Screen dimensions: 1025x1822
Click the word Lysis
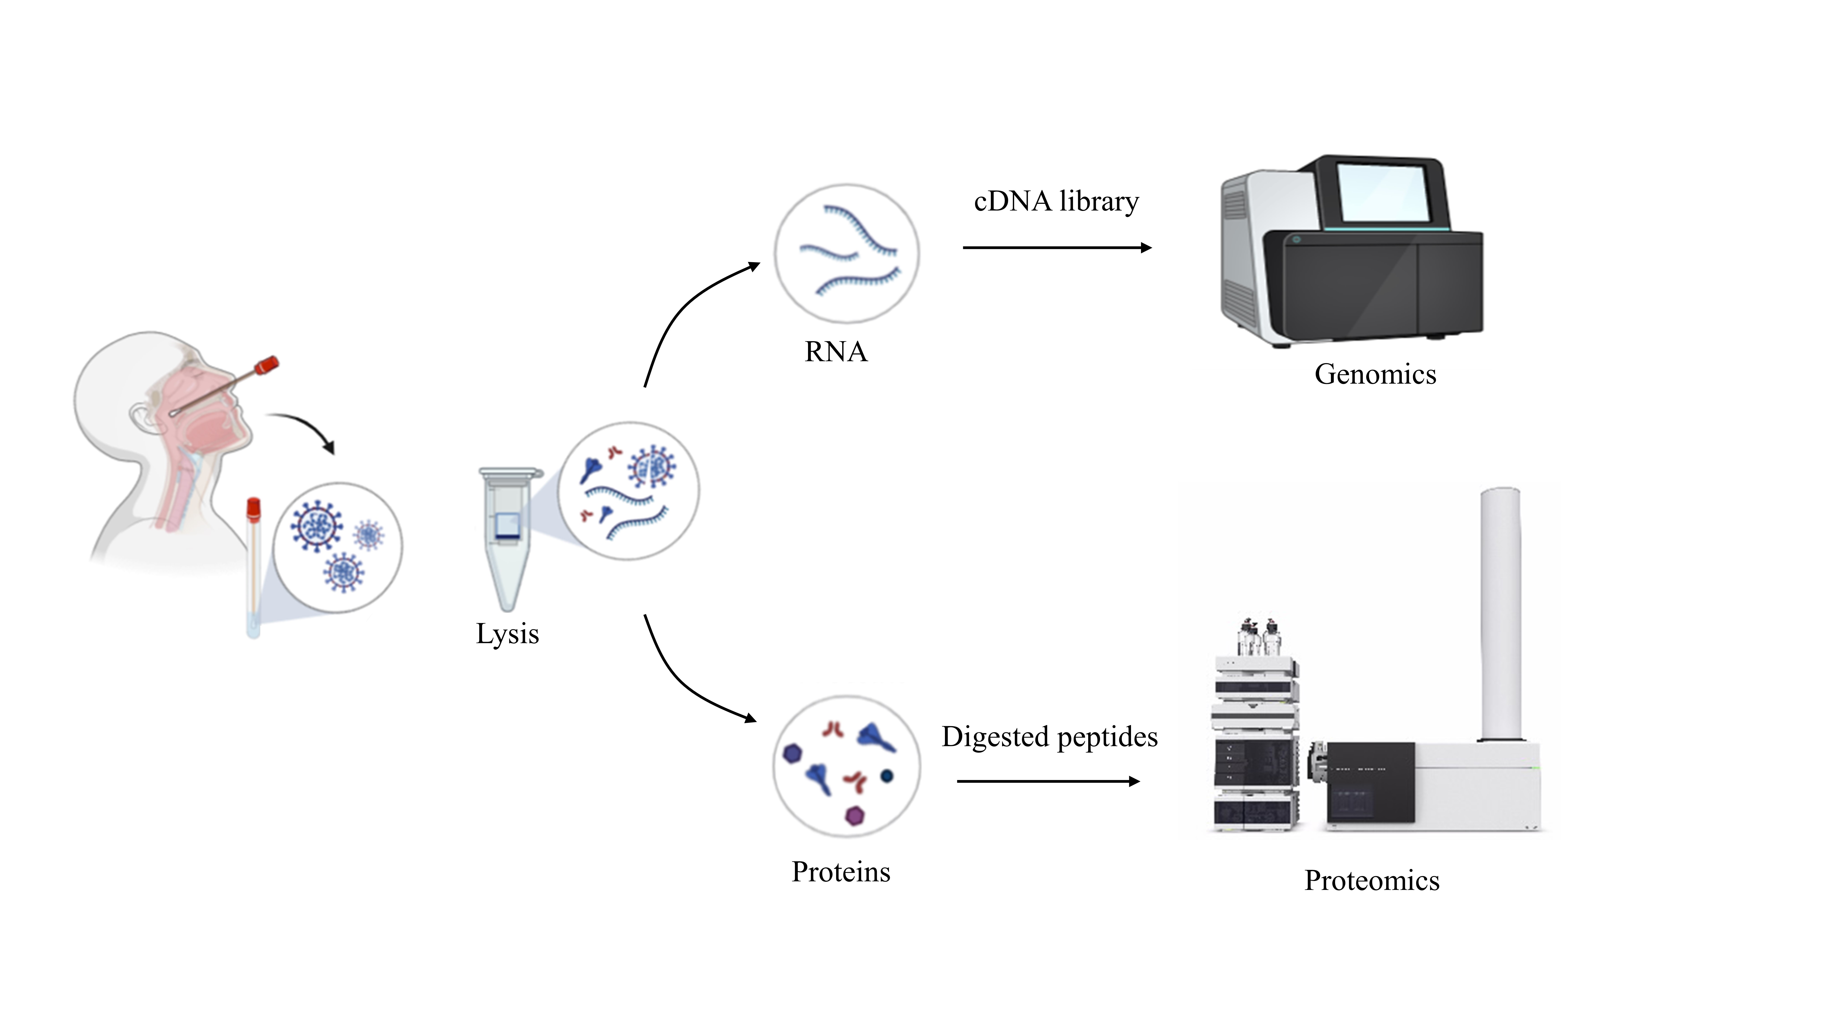pos(507,634)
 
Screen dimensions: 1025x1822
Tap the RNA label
pos(835,351)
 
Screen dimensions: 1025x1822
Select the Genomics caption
pos(1375,374)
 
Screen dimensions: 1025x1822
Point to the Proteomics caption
pos(1372,881)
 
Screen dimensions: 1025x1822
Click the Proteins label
pos(840,872)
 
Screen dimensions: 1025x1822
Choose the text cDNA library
pos(1056,202)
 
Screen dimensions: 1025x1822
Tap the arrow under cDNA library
pos(1057,248)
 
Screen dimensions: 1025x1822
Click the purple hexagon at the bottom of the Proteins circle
pos(855,816)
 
